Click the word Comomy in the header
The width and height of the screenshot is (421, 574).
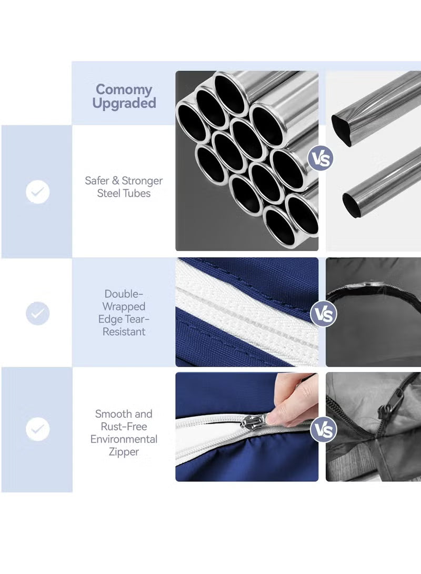[124, 89]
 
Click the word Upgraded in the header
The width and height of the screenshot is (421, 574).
[124, 104]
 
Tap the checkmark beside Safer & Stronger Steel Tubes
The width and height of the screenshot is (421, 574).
[38, 192]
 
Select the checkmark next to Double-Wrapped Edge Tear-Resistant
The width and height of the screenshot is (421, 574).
[38, 314]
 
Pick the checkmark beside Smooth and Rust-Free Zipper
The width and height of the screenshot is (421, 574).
[38, 429]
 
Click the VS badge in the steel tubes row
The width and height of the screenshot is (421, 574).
[320, 159]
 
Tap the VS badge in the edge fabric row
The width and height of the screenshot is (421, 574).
[323, 314]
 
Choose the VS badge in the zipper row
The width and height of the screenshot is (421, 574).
[323, 430]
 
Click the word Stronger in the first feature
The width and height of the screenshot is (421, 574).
[142, 181]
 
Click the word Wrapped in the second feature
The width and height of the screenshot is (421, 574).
[124, 306]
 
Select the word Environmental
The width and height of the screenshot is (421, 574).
[124, 439]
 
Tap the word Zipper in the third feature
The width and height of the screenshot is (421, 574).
[124, 452]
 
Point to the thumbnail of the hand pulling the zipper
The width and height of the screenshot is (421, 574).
[247, 427]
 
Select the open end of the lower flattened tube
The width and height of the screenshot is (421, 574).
[350, 206]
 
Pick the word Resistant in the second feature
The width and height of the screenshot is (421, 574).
[124, 331]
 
